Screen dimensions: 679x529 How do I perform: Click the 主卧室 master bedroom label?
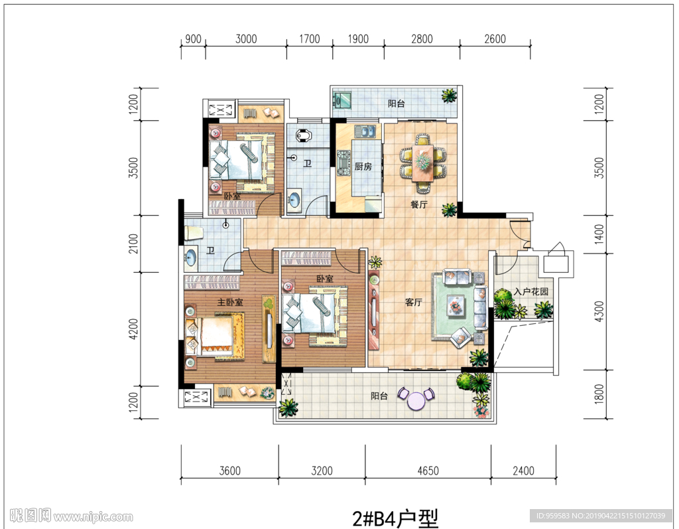click(x=230, y=302)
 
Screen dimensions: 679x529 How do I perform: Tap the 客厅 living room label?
click(x=414, y=302)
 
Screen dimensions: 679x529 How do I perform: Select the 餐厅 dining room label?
click(x=419, y=204)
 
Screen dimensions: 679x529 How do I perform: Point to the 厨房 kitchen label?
click(x=363, y=166)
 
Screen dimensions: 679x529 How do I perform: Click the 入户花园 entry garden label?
click(x=531, y=291)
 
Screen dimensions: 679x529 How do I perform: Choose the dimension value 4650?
click(x=428, y=471)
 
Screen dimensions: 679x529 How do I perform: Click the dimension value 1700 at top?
click(x=310, y=39)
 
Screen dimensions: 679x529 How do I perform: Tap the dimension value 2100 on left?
click(x=134, y=243)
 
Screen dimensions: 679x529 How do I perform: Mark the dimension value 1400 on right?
click(x=599, y=234)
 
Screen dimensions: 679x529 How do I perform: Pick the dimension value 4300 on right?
click(x=599, y=311)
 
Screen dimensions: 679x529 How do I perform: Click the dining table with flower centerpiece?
click(x=422, y=163)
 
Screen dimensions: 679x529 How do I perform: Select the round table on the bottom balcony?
click(x=416, y=401)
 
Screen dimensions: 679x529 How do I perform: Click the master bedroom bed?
click(x=216, y=337)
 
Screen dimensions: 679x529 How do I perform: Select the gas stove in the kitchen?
click(x=344, y=163)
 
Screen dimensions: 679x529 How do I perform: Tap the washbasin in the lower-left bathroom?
click(x=190, y=258)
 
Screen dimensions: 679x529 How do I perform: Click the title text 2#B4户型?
click(x=395, y=518)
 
